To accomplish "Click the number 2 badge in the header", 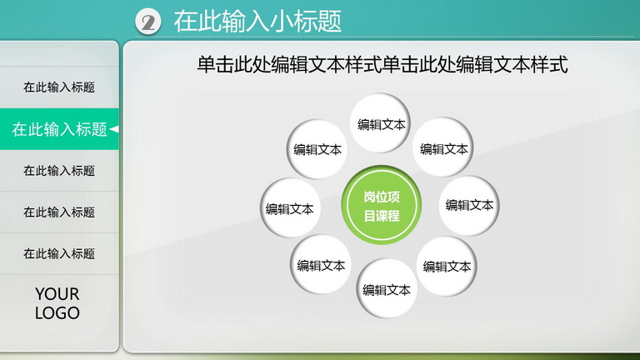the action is click(147, 22).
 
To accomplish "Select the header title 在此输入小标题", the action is click(257, 21).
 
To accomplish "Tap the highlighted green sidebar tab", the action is click(59, 129).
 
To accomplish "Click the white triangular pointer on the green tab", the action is click(114, 129).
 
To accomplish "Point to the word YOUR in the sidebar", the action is click(57, 294).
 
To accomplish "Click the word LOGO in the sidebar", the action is click(57, 313).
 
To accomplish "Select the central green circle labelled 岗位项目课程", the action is click(381, 205).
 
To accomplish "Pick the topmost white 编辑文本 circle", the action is click(380, 123).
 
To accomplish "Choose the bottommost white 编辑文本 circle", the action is click(386, 289).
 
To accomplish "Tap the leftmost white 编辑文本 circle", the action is click(290, 208).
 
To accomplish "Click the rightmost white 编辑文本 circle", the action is click(469, 205).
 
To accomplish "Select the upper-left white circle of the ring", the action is click(317, 149).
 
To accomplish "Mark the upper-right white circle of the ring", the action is click(443, 147).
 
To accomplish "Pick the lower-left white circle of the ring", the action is click(321, 265).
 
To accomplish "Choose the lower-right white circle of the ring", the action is click(447, 266).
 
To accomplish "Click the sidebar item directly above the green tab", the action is click(59, 87).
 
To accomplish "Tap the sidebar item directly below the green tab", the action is click(59, 170).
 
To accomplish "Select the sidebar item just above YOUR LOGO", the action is click(59, 253).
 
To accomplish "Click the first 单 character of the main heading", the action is click(206, 64).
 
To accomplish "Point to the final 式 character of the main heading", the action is click(558, 64).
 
